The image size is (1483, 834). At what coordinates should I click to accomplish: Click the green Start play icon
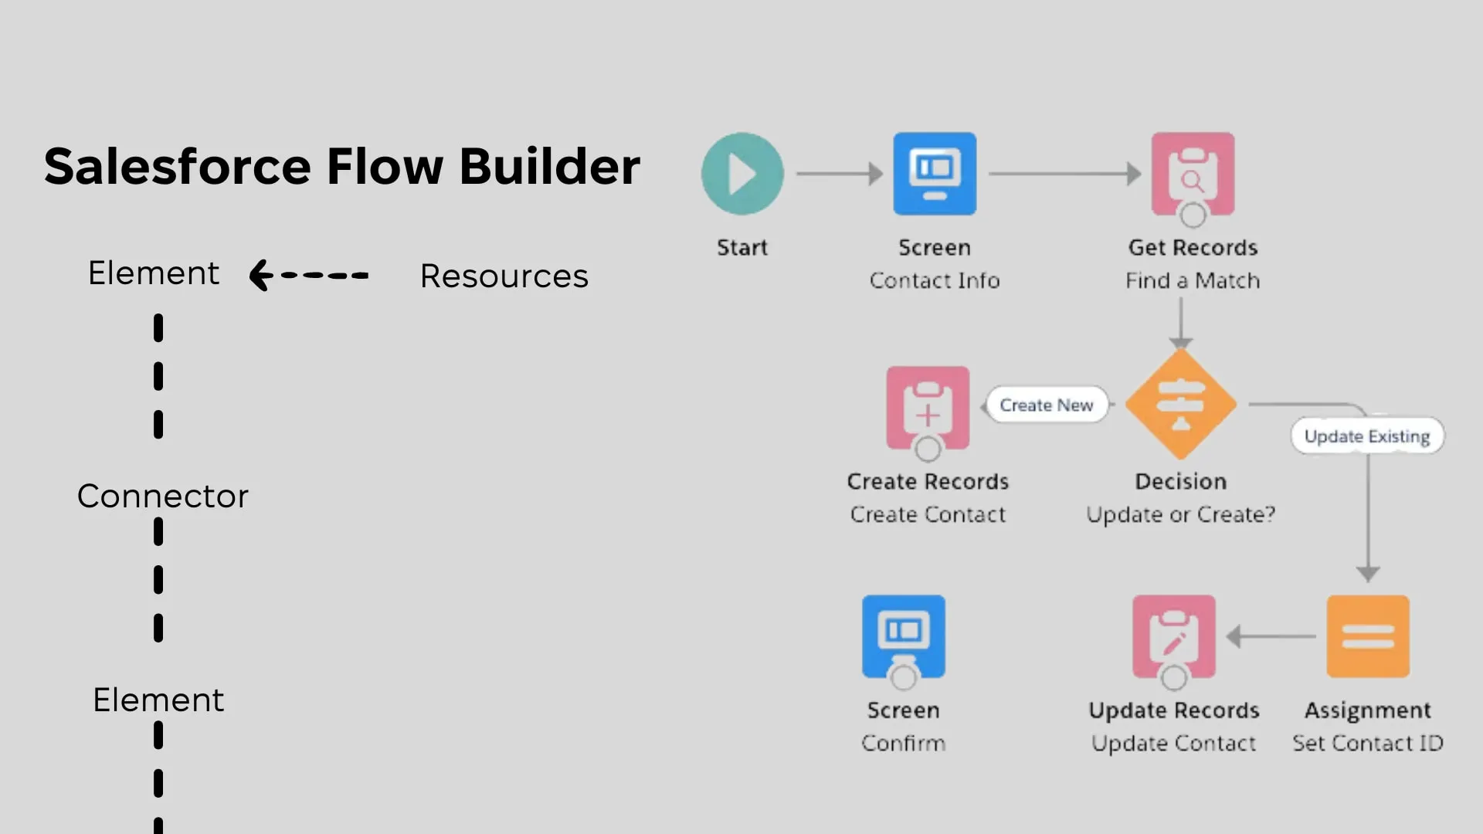(742, 174)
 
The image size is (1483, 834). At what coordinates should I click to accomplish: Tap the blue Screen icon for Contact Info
(935, 174)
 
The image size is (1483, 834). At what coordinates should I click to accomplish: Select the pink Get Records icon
(1193, 174)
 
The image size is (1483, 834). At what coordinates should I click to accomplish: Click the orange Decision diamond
(1180, 404)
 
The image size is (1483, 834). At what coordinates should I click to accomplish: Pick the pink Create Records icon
(928, 408)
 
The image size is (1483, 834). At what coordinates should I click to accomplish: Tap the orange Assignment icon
(1368, 636)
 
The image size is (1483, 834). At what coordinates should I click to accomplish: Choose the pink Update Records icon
(1173, 636)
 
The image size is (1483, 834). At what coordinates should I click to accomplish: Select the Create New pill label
(1047, 405)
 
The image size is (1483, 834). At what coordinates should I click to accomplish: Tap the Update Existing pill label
(1366, 436)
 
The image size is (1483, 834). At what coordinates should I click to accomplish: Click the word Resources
(504, 276)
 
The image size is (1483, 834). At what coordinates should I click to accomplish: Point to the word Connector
(163, 496)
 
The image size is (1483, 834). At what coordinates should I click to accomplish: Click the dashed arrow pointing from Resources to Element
(309, 275)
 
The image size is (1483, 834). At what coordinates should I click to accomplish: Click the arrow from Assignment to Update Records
(1271, 636)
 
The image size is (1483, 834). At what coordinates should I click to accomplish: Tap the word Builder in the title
(549, 166)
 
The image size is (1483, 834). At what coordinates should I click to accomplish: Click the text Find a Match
(1193, 280)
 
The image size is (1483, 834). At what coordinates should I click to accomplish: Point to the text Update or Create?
(1180, 514)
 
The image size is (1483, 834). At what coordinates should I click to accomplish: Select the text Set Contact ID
(1368, 743)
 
